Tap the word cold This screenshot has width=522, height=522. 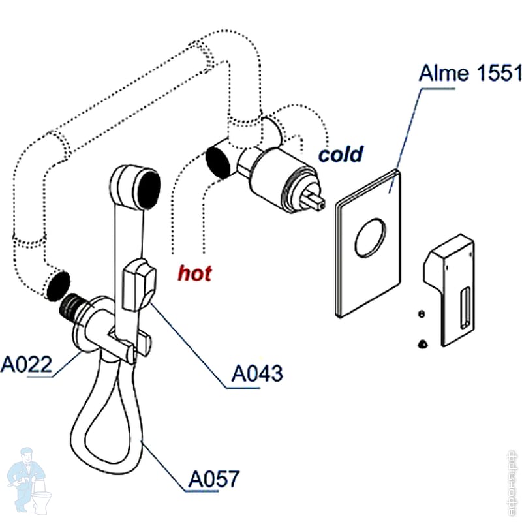340,154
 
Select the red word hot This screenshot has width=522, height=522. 195,273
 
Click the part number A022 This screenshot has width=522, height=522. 25,363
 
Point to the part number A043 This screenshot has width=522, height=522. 258,373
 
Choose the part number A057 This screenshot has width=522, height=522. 214,479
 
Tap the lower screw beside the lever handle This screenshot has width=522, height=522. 422,341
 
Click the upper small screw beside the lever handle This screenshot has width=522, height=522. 421,315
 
